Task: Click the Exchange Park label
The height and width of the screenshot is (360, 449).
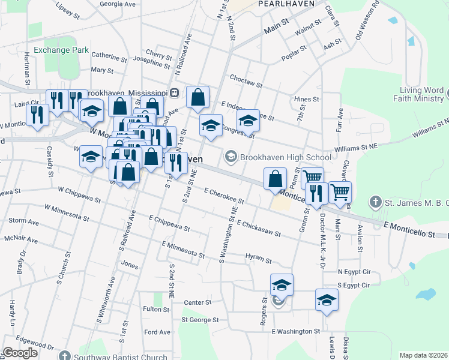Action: pos(61,50)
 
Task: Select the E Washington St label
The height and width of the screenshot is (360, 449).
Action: pos(295,331)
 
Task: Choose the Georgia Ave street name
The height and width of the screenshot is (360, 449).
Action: pos(118,4)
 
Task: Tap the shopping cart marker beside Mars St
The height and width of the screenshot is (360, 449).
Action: pos(340,192)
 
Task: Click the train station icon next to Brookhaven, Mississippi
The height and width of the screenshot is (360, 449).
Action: pos(174,93)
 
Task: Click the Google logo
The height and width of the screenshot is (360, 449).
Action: pos(20,353)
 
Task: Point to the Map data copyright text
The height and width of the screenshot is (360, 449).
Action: pos(423,355)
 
